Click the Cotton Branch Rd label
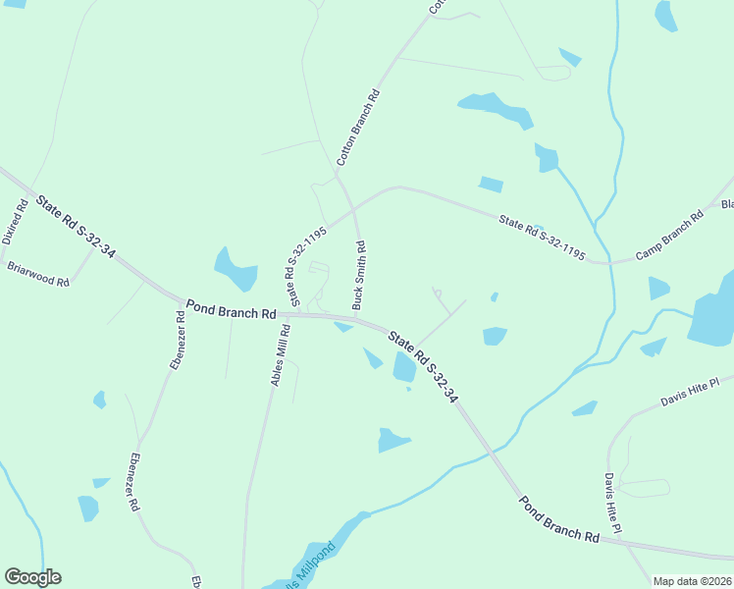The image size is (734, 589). [x=358, y=128]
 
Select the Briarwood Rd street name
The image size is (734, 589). [x=38, y=273]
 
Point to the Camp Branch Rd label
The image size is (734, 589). [x=670, y=236]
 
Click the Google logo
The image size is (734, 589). [x=32, y=577]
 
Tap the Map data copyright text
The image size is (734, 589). [x=693, y=581]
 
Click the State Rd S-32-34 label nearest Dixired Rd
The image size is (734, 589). [x=76, y=227]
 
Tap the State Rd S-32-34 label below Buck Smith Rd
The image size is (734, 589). [x=423, y=368]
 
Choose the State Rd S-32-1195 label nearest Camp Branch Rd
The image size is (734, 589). [x=542, y=239]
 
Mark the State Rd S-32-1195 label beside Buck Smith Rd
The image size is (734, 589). [x=305, y=263]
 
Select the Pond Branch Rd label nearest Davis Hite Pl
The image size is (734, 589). [x=558, y=519]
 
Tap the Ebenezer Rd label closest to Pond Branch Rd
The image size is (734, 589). [x=178, y=341]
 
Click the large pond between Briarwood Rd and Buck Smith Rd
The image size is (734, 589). [x=235, y=268]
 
